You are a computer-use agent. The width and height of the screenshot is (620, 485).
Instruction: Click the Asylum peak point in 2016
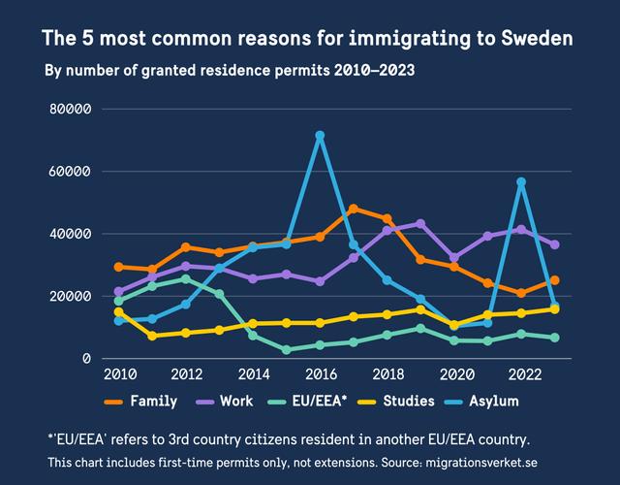coord(320,136)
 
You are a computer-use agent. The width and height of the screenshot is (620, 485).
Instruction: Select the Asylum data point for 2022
coord(521,181)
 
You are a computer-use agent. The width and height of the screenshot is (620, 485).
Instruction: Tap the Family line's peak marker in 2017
coord(354,209)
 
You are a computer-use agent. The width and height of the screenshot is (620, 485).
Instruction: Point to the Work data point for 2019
coord(420,223)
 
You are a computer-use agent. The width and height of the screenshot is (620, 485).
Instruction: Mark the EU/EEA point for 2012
coord(186,278)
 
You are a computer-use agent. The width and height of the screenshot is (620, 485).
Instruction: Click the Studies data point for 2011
coord(152,336)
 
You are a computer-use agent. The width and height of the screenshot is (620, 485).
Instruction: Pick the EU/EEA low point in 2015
coord(287,349)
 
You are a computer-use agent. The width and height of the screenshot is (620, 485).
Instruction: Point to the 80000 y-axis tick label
coord(70,109)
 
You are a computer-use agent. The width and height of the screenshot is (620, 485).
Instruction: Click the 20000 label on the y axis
coord(70,296)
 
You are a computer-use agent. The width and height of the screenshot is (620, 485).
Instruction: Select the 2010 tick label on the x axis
coord(118,375)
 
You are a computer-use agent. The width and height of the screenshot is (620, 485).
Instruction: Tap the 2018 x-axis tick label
coord(387,375)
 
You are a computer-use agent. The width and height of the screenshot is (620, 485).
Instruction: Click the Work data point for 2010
coord(119,291)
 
